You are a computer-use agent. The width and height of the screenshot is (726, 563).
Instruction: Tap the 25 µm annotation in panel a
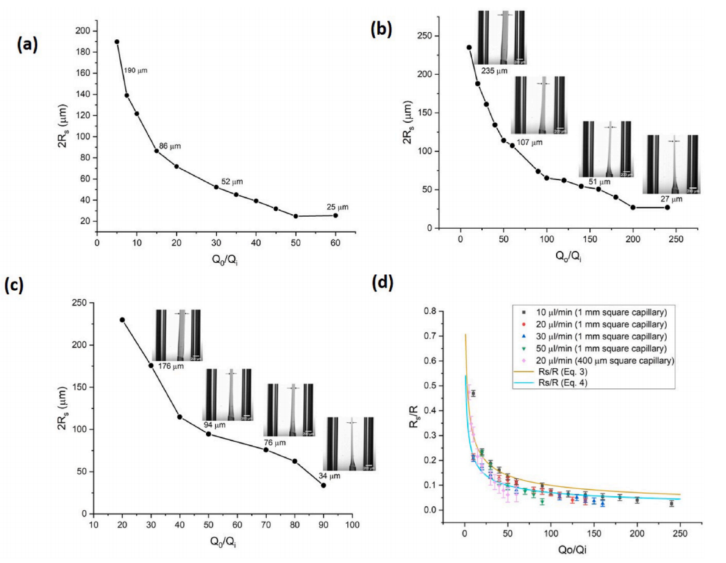(x=337, y=206)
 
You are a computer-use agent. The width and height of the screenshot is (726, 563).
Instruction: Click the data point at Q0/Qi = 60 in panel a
(x=335, y=215)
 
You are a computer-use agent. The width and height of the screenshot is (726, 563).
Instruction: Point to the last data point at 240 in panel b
(x=667, y=207)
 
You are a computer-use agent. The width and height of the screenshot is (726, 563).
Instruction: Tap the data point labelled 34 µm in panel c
(x=324, y=485)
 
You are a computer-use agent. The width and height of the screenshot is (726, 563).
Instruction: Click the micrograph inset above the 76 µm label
(x=289, y=410)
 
